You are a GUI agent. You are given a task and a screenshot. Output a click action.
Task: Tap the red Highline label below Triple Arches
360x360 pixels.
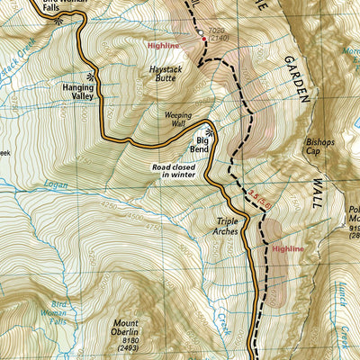[x=289, y=247]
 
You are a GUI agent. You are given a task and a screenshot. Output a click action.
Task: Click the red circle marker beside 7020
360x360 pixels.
[x=203, y=39]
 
